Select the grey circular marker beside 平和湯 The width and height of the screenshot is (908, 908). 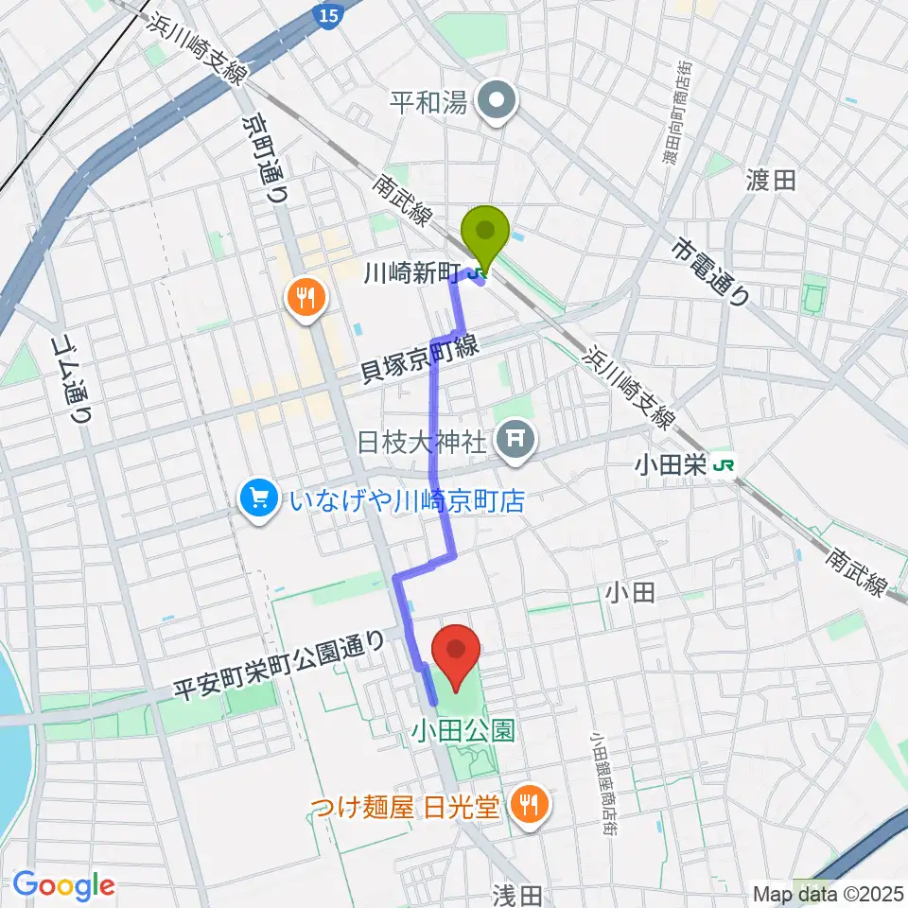495,102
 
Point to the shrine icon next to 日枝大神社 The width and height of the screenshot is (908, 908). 516,439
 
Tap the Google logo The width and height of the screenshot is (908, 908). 63,885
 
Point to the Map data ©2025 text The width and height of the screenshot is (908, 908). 829,891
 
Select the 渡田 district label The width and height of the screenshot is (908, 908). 771,180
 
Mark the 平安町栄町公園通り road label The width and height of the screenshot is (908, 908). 282,667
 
